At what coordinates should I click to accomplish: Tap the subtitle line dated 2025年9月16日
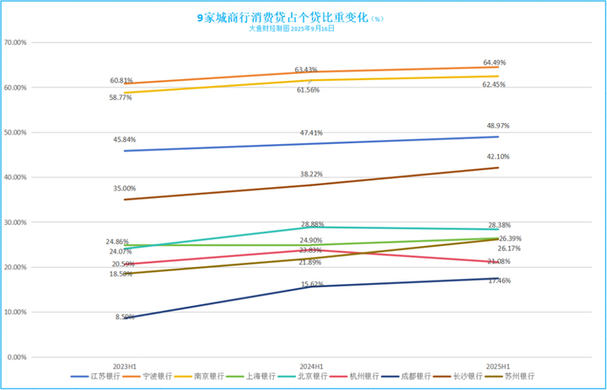(292, 28)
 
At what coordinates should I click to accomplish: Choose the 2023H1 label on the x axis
(124, 367)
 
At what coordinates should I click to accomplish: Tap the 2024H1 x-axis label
(310, 367)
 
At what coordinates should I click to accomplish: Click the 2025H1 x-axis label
(497, 367)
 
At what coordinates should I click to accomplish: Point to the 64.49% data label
(495, 62)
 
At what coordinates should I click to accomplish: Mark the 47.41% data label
(310, 132)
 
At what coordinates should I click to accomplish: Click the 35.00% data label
(124, 189)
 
